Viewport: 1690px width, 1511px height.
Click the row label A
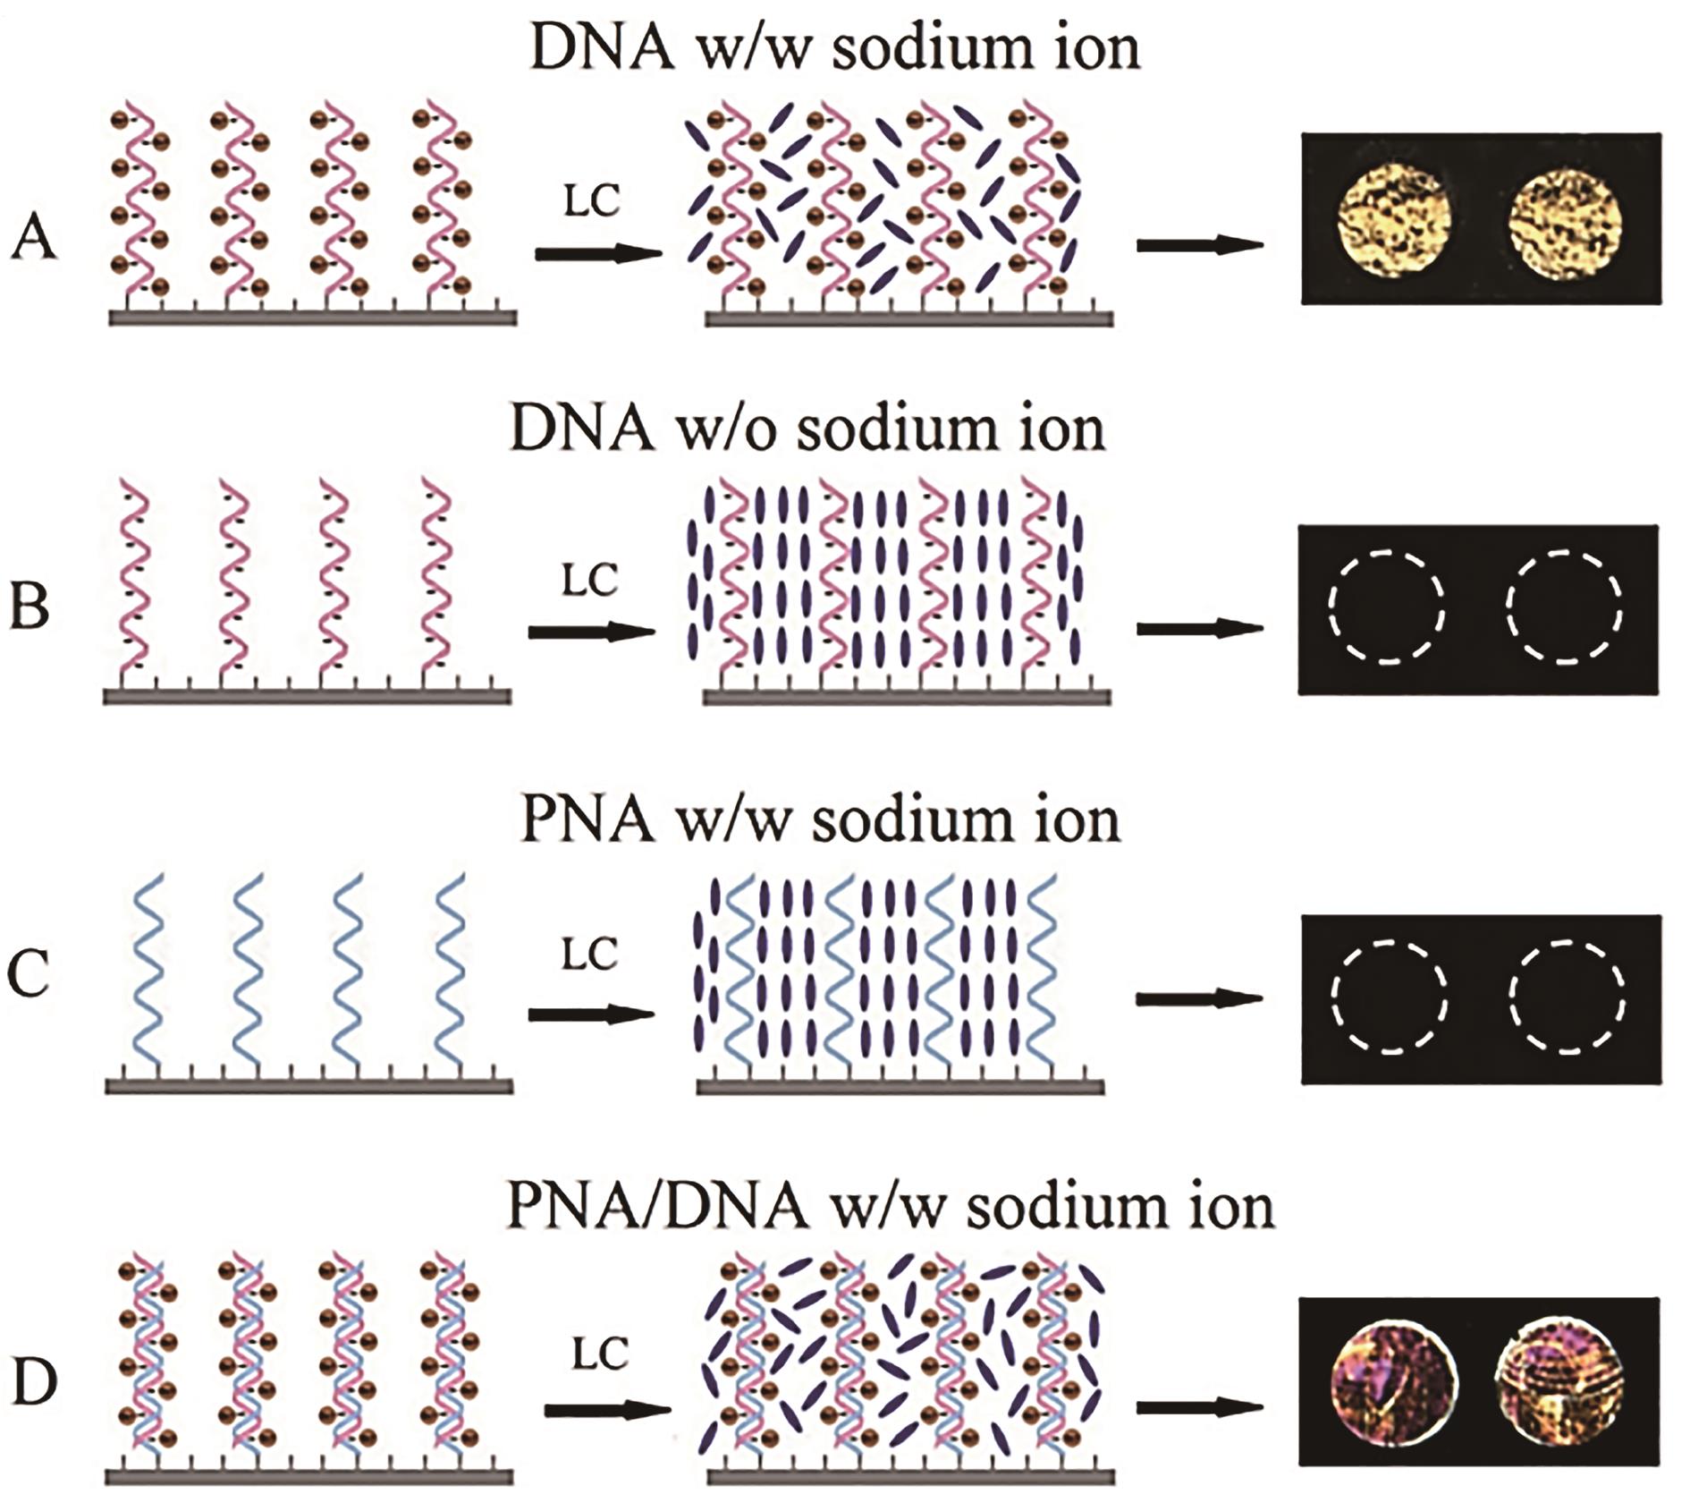pos(34,240)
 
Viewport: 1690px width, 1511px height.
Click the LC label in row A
pos(592,202)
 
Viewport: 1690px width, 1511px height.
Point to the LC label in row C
pos(590,955)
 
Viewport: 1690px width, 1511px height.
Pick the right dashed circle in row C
pos(1567,997)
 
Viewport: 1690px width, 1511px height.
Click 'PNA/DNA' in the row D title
pos(657,1206)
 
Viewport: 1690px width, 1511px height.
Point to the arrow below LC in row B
pos(592,632)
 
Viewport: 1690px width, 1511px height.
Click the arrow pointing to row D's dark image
pos(1199,1407)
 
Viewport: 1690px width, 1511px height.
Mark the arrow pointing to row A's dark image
pos(1199,244)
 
